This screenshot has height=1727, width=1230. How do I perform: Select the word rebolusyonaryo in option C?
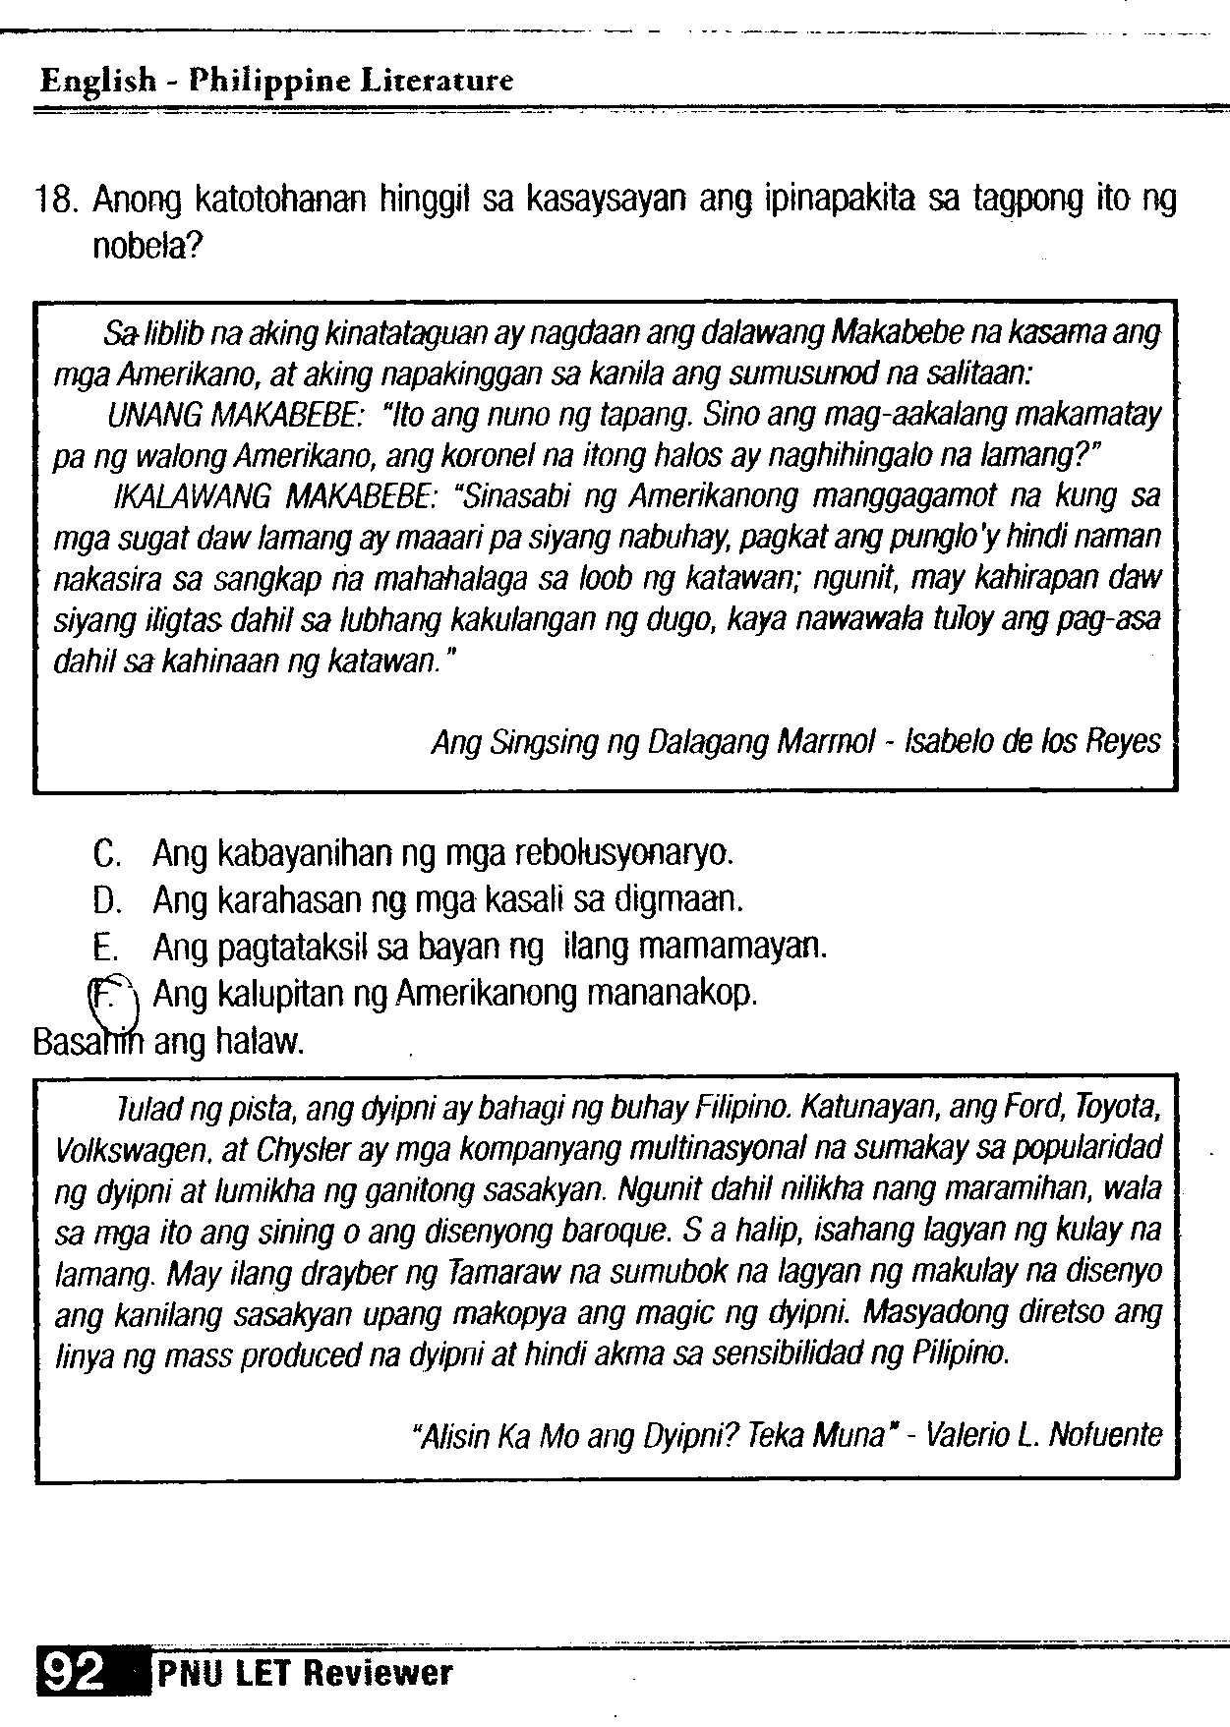pyautogui.click(x=624, y=852)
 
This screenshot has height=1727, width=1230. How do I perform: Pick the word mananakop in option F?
pyautogui.click(x=671, y=995)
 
